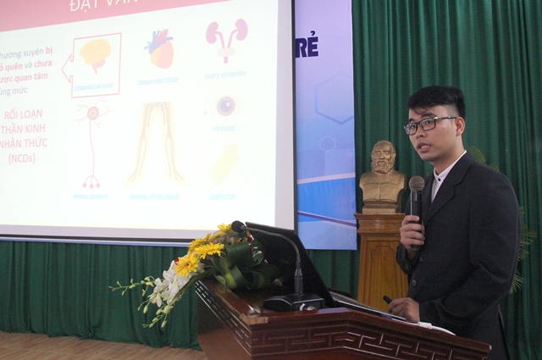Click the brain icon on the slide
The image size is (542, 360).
point(96,53)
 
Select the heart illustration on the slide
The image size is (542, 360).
point(159,50)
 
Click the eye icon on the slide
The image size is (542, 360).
point(225,106)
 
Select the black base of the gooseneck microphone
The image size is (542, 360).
point(292,302)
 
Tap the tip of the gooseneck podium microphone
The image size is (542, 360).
point(239,227)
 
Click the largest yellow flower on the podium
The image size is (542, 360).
point(187,263)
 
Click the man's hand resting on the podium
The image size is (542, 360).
point(402,309)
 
